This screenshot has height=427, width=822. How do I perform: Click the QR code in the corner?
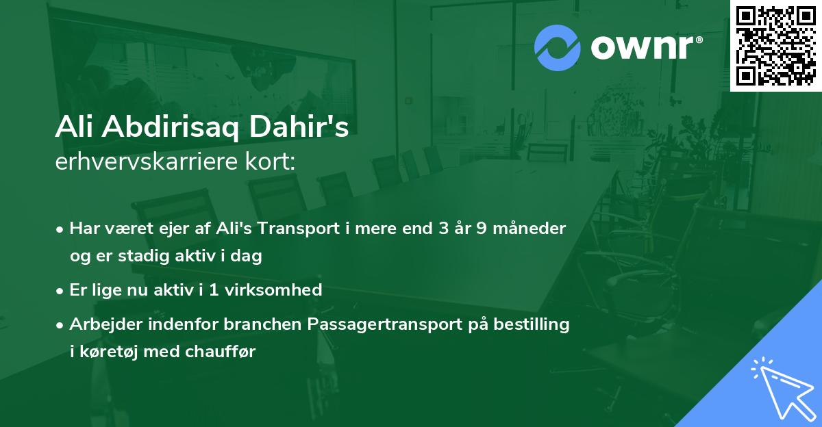[x=775, y=46]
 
